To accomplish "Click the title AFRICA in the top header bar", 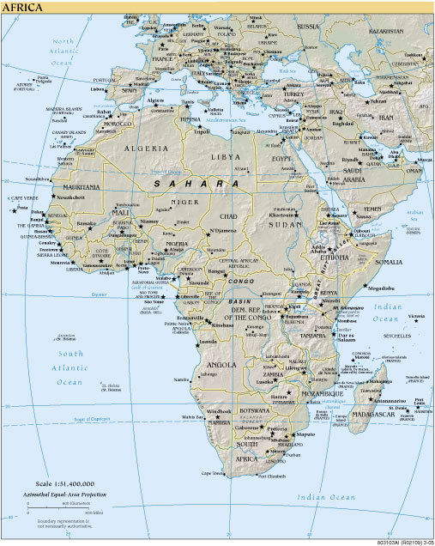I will (24, 6).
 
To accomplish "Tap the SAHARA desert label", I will (196, 185).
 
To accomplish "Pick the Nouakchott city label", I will (71, 197).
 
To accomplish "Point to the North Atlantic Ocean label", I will (65, 52).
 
